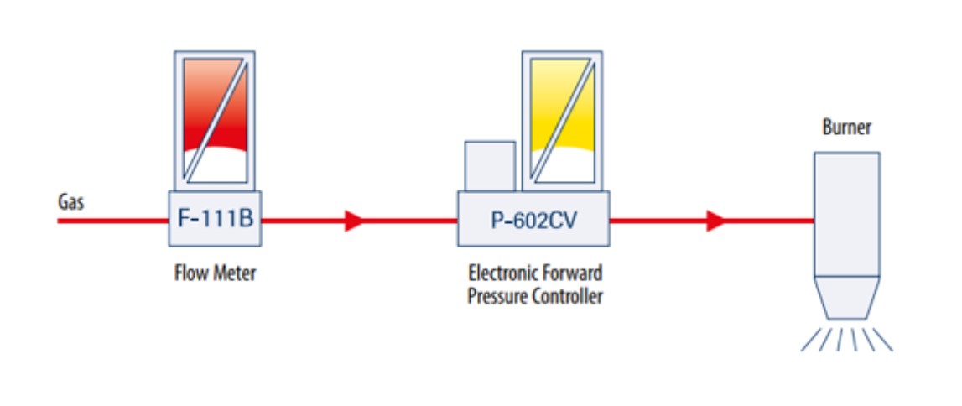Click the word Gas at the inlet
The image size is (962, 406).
click(70, 201)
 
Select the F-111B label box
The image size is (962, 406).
click(216, 218)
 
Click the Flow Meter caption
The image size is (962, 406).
click(214, 273)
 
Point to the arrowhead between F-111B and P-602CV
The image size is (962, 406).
click(354, 220)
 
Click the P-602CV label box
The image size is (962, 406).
click(533, 218)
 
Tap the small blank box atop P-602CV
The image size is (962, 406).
click(490, 166)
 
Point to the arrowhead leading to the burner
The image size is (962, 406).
click(716, 220)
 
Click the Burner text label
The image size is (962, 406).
click(847, 128)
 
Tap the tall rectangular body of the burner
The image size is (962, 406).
click(846, 214)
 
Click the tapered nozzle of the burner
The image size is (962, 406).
click(846, 298)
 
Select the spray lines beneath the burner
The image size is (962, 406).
click(846, 339)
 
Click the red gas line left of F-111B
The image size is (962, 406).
click(113, 220)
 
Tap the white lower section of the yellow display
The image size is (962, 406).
click(563, 165)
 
